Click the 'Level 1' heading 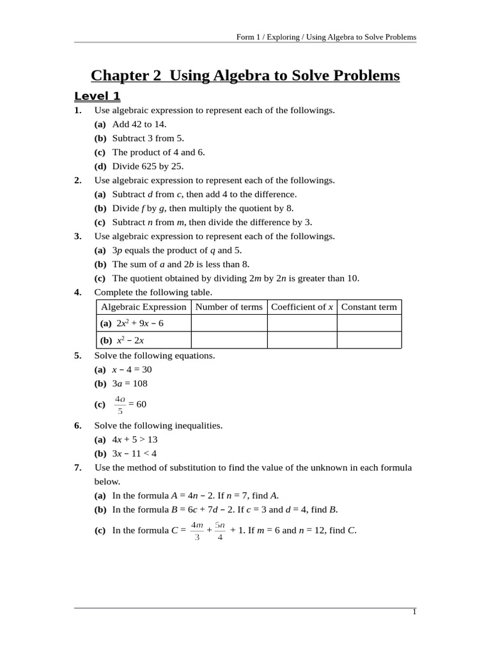tap(97, 97)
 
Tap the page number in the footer tap(414, 612)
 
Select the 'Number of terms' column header tap(229, 307)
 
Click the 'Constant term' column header tap(369, 307)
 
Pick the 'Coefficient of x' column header tap(302, 307)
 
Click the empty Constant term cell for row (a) tap(369, 323)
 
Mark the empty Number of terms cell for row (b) tap(229, 340)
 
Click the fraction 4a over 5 tap(120, 405)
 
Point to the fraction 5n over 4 tap(220, 531)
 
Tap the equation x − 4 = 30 tap(132, 370)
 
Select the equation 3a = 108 tap(130, 384)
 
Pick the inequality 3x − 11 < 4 tap(134, 454)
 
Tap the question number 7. tap(77, 468)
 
